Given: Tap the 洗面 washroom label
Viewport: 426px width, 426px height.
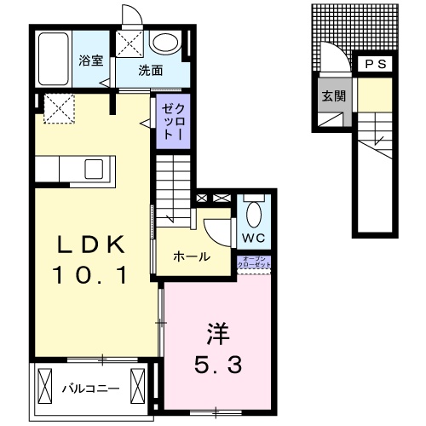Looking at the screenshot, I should (x=151, y=72).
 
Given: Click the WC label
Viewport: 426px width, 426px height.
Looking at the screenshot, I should (x=255, y=237).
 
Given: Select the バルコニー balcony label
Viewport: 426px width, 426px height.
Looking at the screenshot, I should (x=90, y=390).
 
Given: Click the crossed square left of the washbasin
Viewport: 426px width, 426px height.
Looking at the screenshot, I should (x=130, y=43).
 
